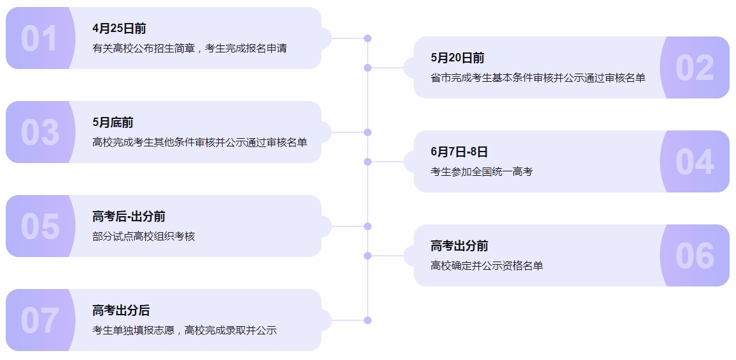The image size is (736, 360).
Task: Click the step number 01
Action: (x=39, y=38)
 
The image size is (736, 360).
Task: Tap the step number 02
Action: (x=694, y=68)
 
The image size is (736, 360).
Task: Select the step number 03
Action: (x=39, y=132)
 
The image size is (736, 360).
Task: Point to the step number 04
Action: (x=694, y=162)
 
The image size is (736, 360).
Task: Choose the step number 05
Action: (x=39, y=226)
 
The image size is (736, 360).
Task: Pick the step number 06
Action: (x=694, y=256)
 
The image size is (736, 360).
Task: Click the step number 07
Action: (x=39, y=320)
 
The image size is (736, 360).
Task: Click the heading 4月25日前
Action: (x=119, y=28)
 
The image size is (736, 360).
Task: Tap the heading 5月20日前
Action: (x=457, y=58)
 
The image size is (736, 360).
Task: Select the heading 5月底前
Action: (x=113, y=122)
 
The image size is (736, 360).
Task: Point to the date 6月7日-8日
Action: (x=459, y=152)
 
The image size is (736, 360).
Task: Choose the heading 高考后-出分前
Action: (x=129, y=217)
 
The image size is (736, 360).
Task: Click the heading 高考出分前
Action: (x=459, y=246)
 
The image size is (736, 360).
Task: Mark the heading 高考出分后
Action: (x=121, y=311)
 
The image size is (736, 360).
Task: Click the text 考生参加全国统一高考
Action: (x=482, y=171)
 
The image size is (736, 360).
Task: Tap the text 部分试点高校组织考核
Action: (x=143, y=236)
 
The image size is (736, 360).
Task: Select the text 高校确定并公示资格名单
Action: (x=487, y=265)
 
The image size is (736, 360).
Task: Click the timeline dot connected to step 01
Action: (x=368, y=38)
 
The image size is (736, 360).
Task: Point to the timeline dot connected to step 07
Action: (x=368, y=320)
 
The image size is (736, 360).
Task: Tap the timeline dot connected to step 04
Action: (x=368, y=162)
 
